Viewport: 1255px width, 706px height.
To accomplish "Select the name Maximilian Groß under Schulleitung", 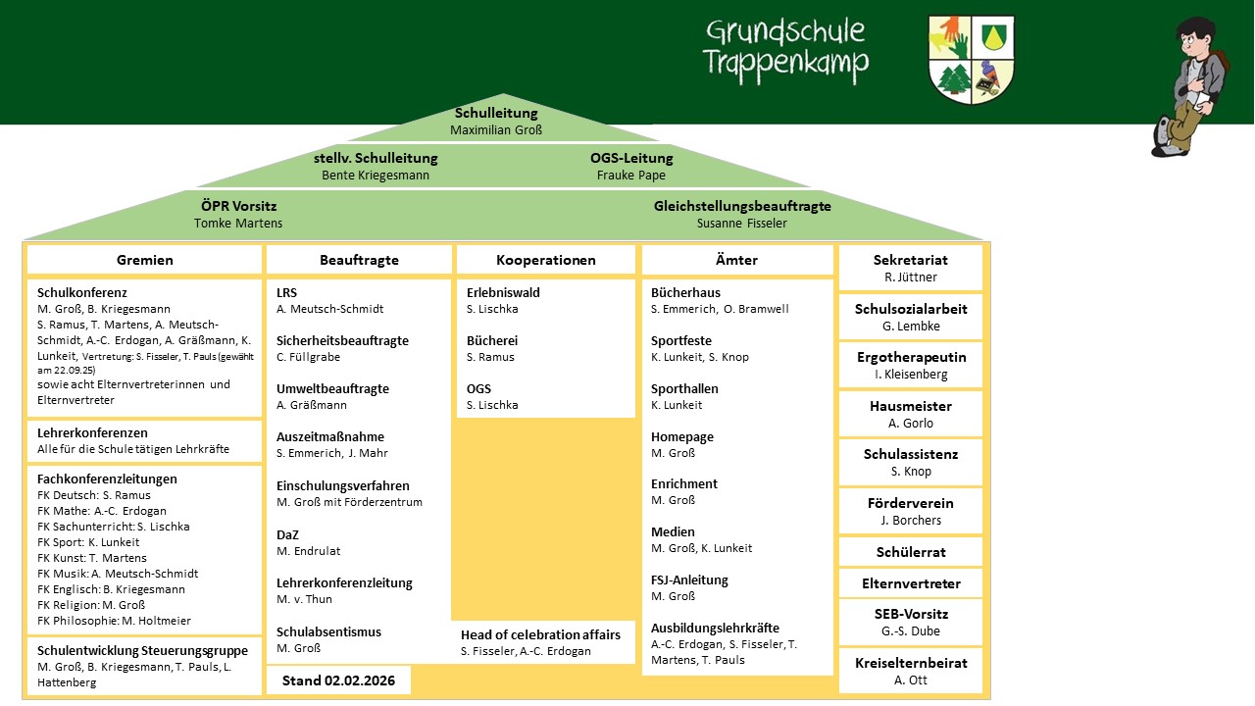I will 496,129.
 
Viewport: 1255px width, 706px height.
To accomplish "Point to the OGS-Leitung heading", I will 631,158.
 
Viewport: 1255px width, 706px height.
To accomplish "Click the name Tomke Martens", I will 238,223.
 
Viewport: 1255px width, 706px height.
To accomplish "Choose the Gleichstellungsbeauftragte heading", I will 742,206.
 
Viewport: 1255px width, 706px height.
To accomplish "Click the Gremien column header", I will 144,260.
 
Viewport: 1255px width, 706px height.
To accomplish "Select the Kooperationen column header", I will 546,260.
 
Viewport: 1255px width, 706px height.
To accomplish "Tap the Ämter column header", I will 736,260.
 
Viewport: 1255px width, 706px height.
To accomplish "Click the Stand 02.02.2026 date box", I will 338,681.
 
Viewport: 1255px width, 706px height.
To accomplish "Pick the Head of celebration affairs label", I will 540,634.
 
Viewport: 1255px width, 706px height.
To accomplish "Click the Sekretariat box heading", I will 911,260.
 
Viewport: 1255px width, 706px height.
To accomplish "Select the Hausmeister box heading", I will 911,406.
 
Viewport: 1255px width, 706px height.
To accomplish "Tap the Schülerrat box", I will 911,552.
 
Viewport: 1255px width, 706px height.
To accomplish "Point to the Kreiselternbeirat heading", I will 911,663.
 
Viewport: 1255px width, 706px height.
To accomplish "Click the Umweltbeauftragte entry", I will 332,389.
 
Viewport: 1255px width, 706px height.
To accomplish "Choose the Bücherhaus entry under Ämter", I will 685,292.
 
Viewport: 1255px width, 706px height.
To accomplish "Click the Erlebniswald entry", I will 503,292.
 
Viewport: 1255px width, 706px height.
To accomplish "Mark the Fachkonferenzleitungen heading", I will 107,479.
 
